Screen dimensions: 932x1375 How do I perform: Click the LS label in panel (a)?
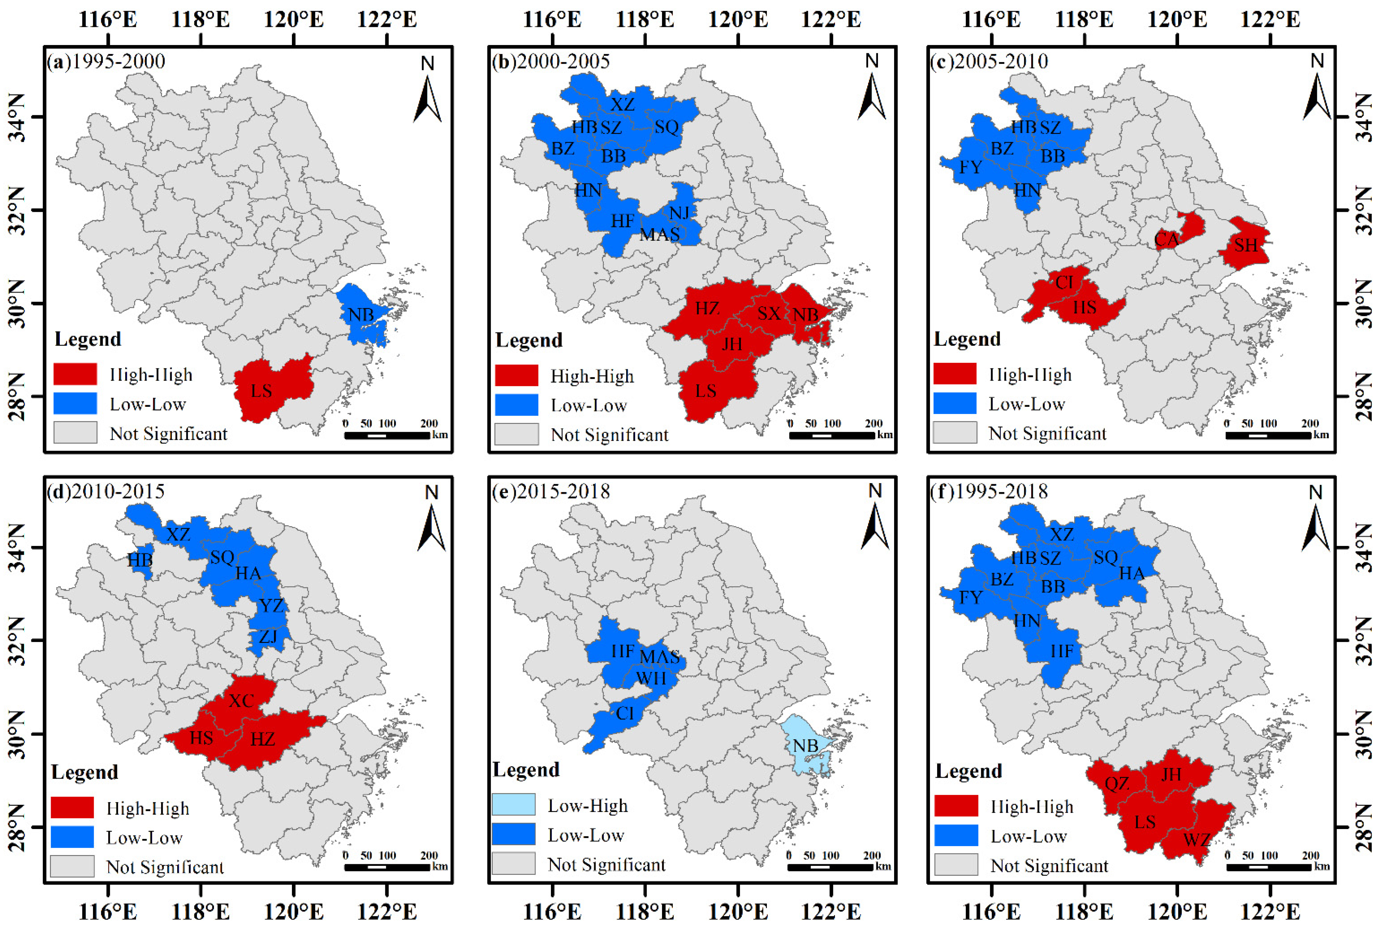click(261, 391)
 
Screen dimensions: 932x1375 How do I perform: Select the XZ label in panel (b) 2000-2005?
click(623, 105)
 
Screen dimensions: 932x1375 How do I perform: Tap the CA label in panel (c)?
click(1166, 240)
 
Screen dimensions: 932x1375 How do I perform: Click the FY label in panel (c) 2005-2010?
click(970, 167)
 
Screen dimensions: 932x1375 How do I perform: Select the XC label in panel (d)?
click(241, 701)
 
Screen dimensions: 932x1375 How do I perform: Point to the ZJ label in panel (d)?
click(268, 637)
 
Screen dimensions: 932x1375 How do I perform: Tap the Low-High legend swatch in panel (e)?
click(513, 805)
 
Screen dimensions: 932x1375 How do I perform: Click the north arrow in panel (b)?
click(871, 95)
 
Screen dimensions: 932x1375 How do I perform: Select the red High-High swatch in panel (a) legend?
click(75, 374)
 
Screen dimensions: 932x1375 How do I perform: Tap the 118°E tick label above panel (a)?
click(201, 19)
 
